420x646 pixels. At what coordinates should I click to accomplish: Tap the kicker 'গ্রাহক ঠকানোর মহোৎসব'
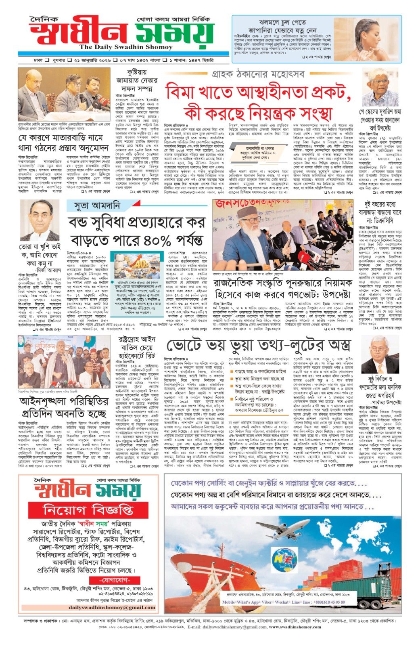pyautogui.click(x=258, y=74)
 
